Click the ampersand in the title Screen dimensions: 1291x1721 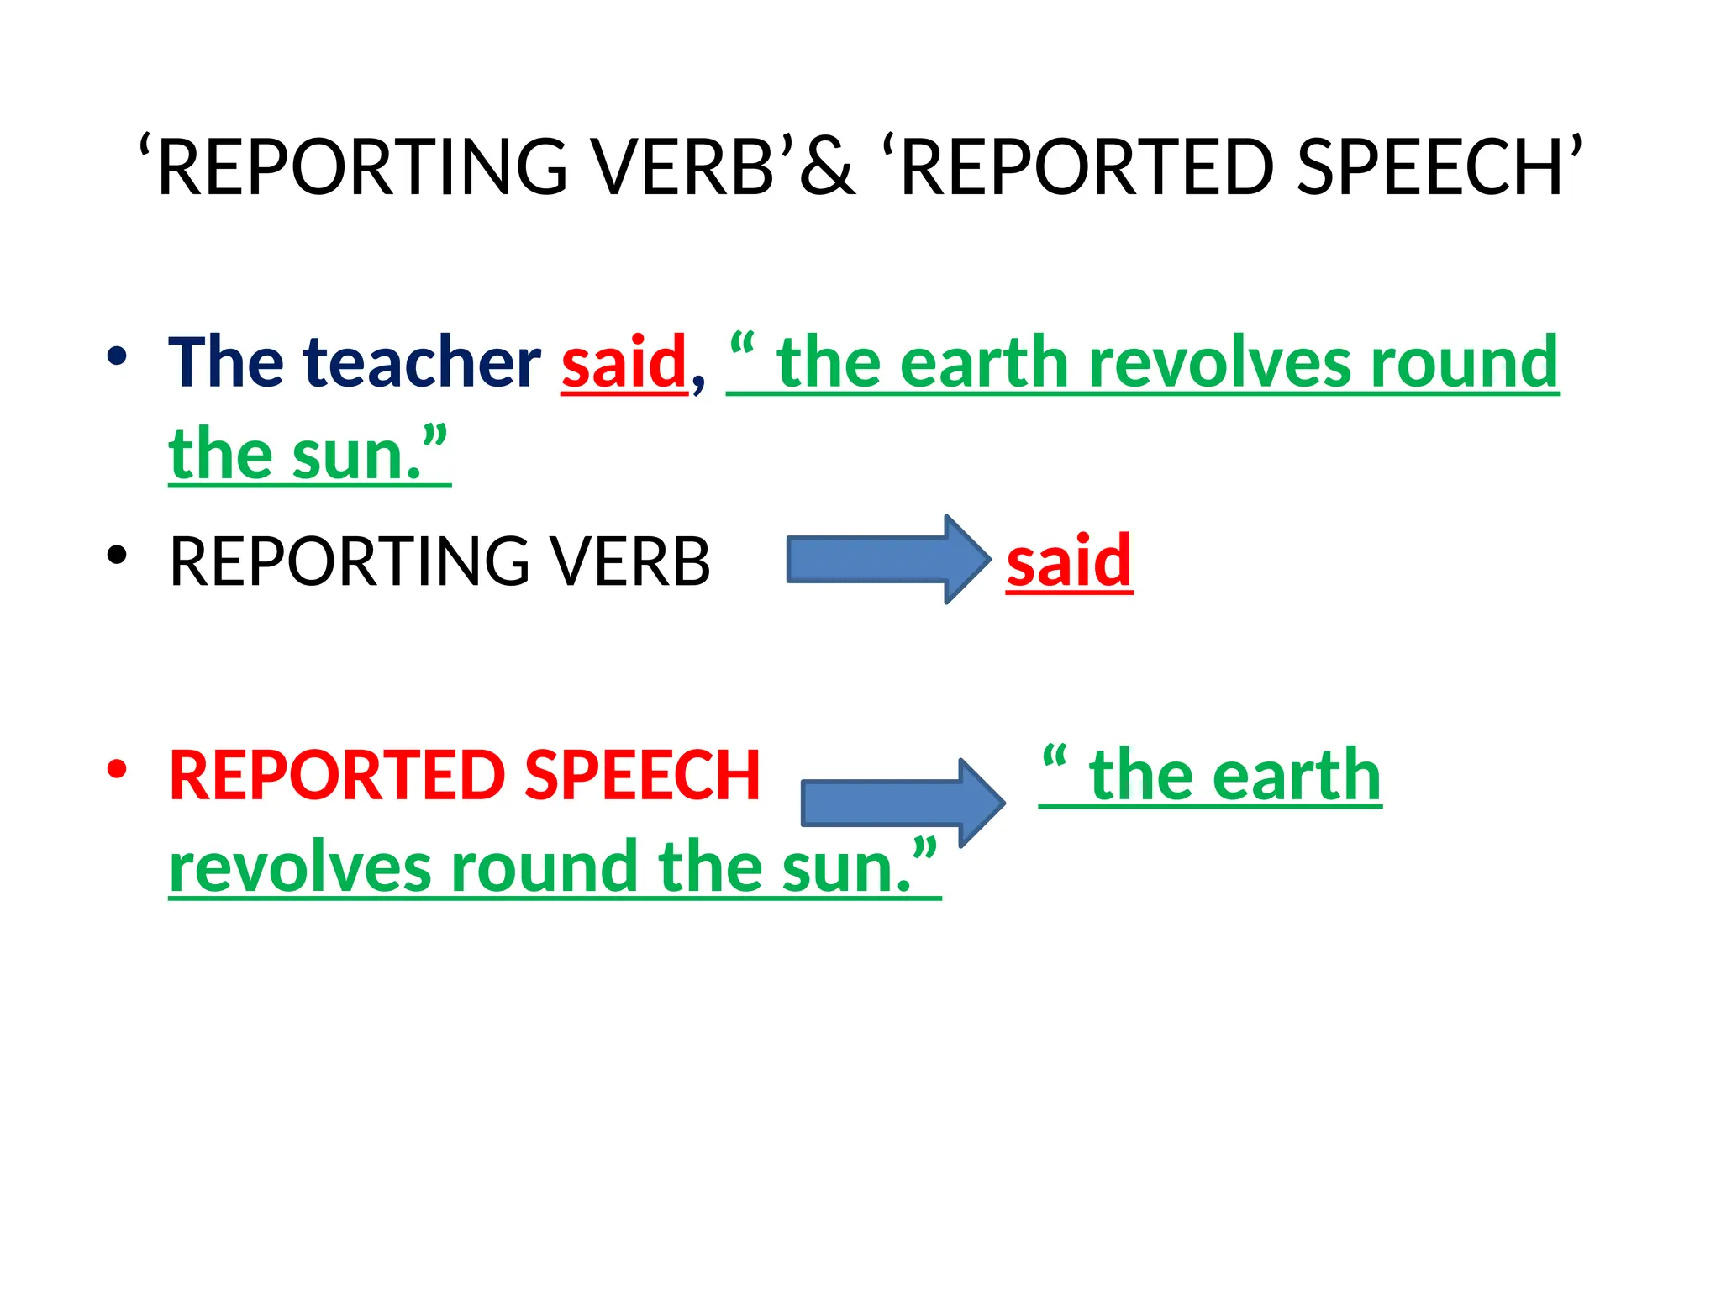(x=828, y=167)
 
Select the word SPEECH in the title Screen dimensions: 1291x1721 (x=1429, y=167)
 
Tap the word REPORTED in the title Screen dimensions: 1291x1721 (x=1088, y=167)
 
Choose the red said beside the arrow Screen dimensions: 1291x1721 (x=1069, y=561)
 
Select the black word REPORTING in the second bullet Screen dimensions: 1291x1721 (x=349, y=561)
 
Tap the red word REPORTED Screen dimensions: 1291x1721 (x=336, y=775)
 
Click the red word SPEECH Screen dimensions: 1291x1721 (x=642, y=775)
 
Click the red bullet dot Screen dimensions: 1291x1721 (x=117, y=769)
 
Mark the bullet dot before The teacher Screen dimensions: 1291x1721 (x=117, y=356)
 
